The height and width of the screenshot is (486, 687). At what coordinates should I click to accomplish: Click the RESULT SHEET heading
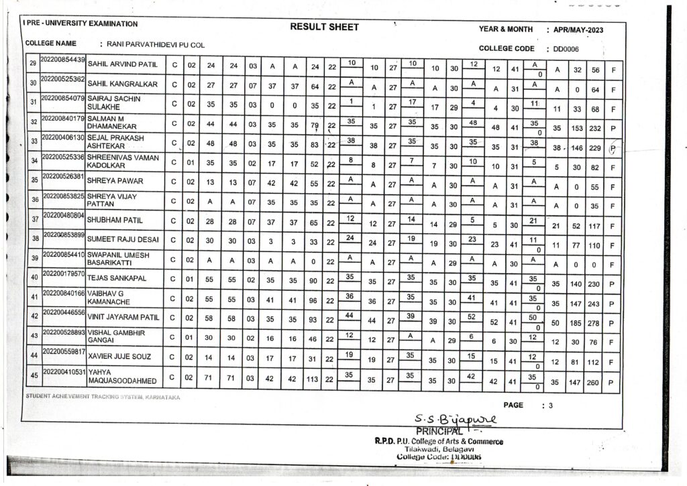click(x=324, y=27)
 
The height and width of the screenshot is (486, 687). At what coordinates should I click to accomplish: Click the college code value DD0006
click(x=566, y=49)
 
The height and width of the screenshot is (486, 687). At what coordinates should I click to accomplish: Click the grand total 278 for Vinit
click(x=592, y=323)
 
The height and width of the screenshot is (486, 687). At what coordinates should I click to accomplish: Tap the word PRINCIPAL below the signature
click(x=439, y=430)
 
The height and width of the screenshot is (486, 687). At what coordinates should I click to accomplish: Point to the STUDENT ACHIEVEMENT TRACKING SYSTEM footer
click(x=103, y=397)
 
